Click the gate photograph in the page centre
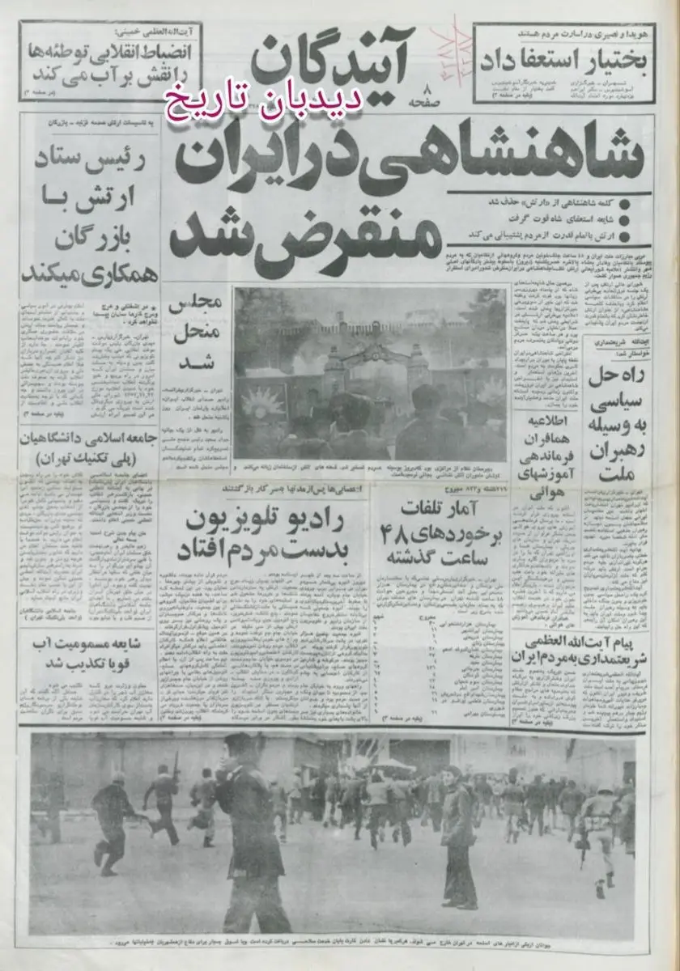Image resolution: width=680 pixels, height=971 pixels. click(x=368, y=372)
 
